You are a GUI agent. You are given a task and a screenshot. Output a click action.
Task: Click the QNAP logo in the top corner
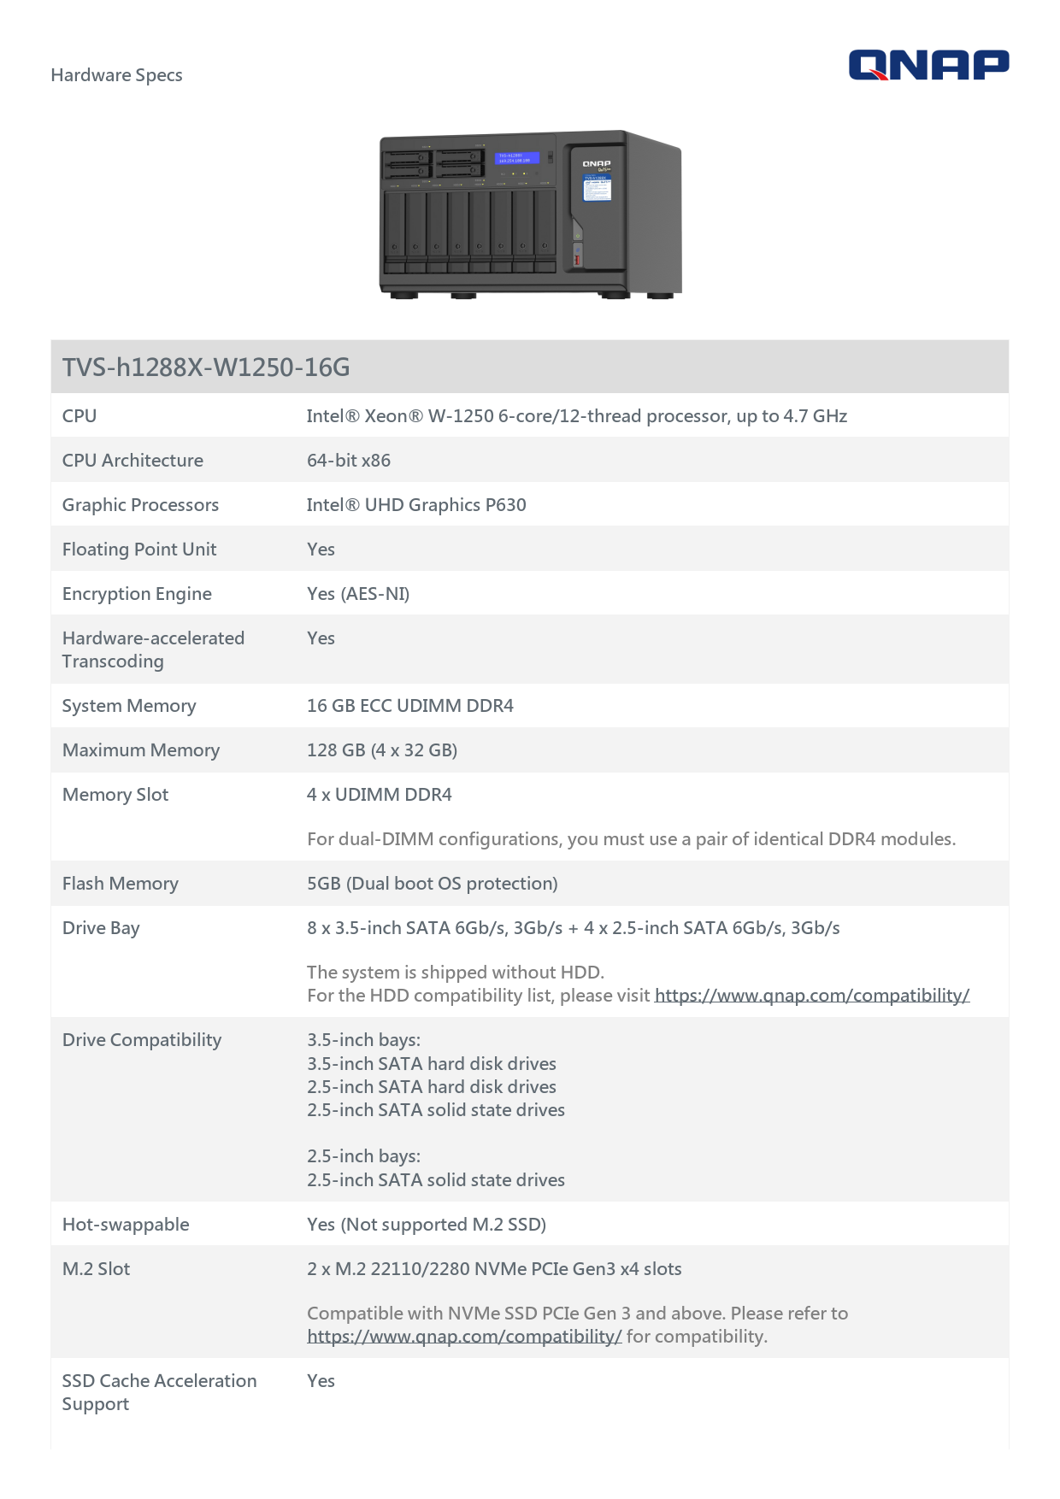coord(928,65)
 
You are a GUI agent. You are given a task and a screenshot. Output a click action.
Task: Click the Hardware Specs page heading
coord(116,75)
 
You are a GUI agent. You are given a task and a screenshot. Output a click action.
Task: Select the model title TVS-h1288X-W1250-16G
coord(206,367)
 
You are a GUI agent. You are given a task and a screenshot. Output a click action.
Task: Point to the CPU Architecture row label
coord(132,461)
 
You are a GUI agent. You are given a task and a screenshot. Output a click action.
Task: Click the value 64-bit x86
coord(349,461)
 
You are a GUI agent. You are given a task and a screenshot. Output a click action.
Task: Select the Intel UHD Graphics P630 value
coord(416,505)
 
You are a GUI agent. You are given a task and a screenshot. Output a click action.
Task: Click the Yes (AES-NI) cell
coord(358,594)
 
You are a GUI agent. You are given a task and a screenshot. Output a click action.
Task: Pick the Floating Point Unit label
coord(139,550)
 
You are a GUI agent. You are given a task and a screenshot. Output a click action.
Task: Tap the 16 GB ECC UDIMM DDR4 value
coord(410,706)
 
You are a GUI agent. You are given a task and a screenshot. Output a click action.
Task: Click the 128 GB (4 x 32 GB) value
coord(382,750)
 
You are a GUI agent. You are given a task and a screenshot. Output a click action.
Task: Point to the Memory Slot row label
coord(115,795)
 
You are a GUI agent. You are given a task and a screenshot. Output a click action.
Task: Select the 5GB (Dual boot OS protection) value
coord(433,884)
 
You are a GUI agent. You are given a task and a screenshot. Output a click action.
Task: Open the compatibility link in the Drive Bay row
coord(812,996)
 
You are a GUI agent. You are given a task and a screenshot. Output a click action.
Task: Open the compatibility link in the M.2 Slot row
coord(464,1337)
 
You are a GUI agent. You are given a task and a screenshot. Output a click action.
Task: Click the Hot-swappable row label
coord(126,1225)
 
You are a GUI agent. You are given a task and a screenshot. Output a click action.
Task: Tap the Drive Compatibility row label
coord(142,1040)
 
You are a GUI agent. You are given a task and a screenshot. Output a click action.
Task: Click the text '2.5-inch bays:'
coord(364,1156)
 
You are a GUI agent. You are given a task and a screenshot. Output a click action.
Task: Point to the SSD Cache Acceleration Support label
coord(159,1392)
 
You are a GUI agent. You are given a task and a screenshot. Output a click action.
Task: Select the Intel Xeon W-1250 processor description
coord(577,416)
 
